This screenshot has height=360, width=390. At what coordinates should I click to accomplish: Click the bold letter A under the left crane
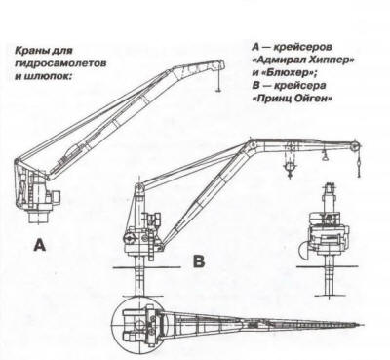pyautogui.click(x=40, y=245)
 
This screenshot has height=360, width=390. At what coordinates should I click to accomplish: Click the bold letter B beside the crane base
pyautogui.click(x=199, y=260)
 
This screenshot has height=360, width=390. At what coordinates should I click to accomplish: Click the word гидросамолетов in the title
pyautogui.click(x=60, y=63)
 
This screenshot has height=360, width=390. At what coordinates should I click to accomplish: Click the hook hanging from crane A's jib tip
pyautogui.click(x=218, y=89)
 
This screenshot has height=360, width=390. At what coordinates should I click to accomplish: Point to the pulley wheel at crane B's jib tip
pyautogui.click(x=356, y=146)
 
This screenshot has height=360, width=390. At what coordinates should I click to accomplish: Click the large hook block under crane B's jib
pyautogui.click(x=290, y=169)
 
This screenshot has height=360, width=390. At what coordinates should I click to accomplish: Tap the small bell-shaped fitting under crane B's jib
pyautogui.click(x=325, y=157)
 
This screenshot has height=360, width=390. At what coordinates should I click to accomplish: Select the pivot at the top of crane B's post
pyautogui.click(x=138, y=186)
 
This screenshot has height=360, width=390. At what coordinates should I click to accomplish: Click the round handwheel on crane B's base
pyautogui.click(x=129, y=238)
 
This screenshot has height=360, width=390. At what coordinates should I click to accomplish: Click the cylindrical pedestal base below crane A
pyautogui.click(x=39, y=217)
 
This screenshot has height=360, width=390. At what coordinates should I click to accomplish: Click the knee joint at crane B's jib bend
pyautogui.click(x=251, y=143)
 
